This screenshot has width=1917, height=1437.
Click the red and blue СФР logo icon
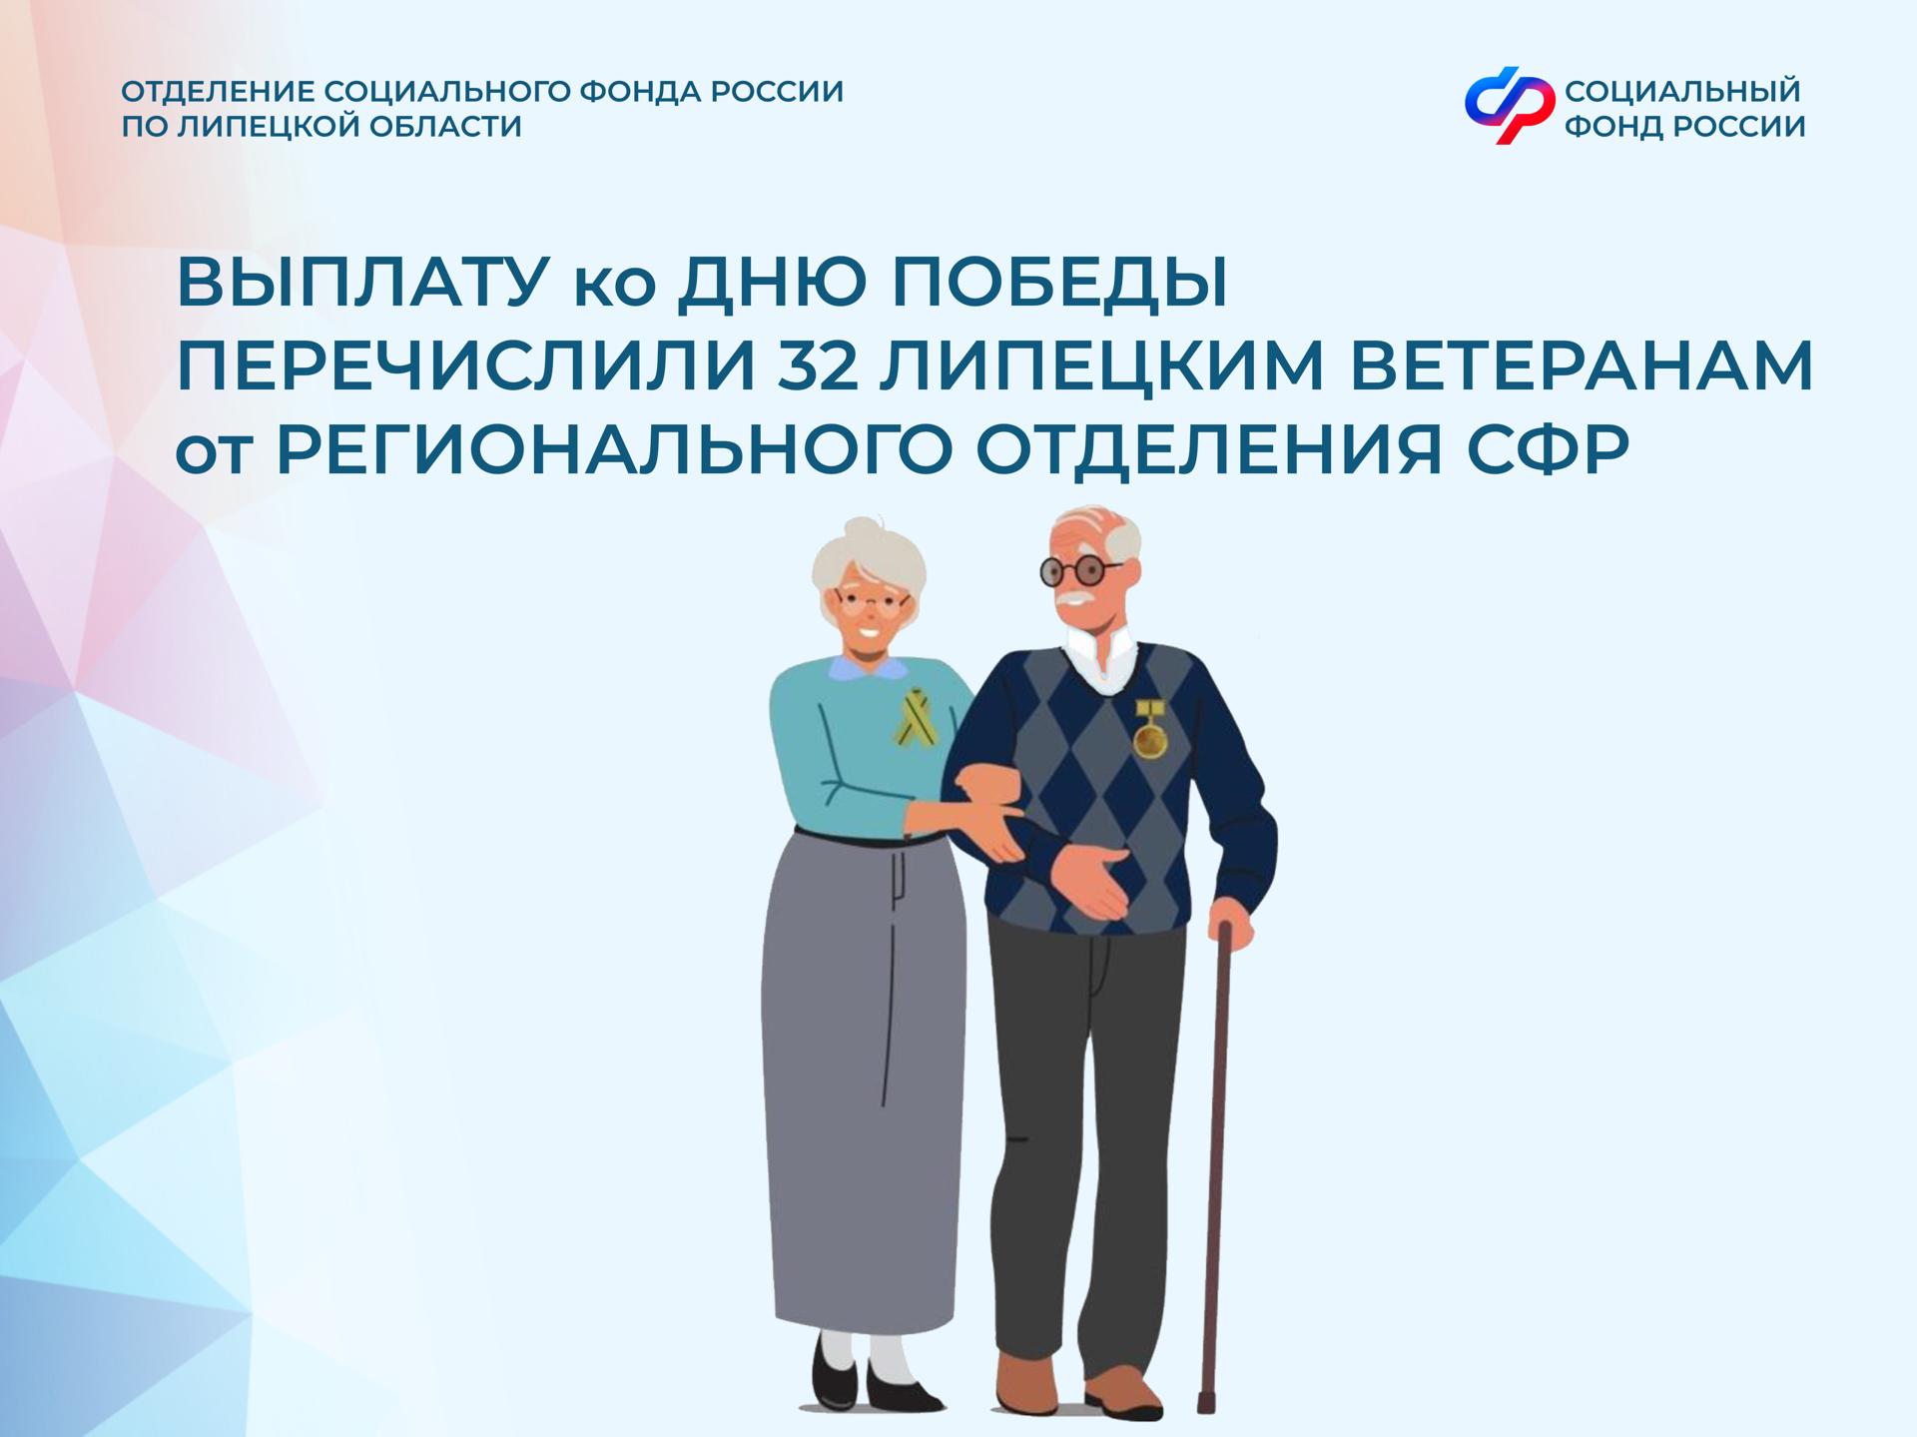1509,105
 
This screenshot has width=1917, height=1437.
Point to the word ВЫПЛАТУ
361,286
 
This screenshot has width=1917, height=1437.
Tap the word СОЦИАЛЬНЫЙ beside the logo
1682,91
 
